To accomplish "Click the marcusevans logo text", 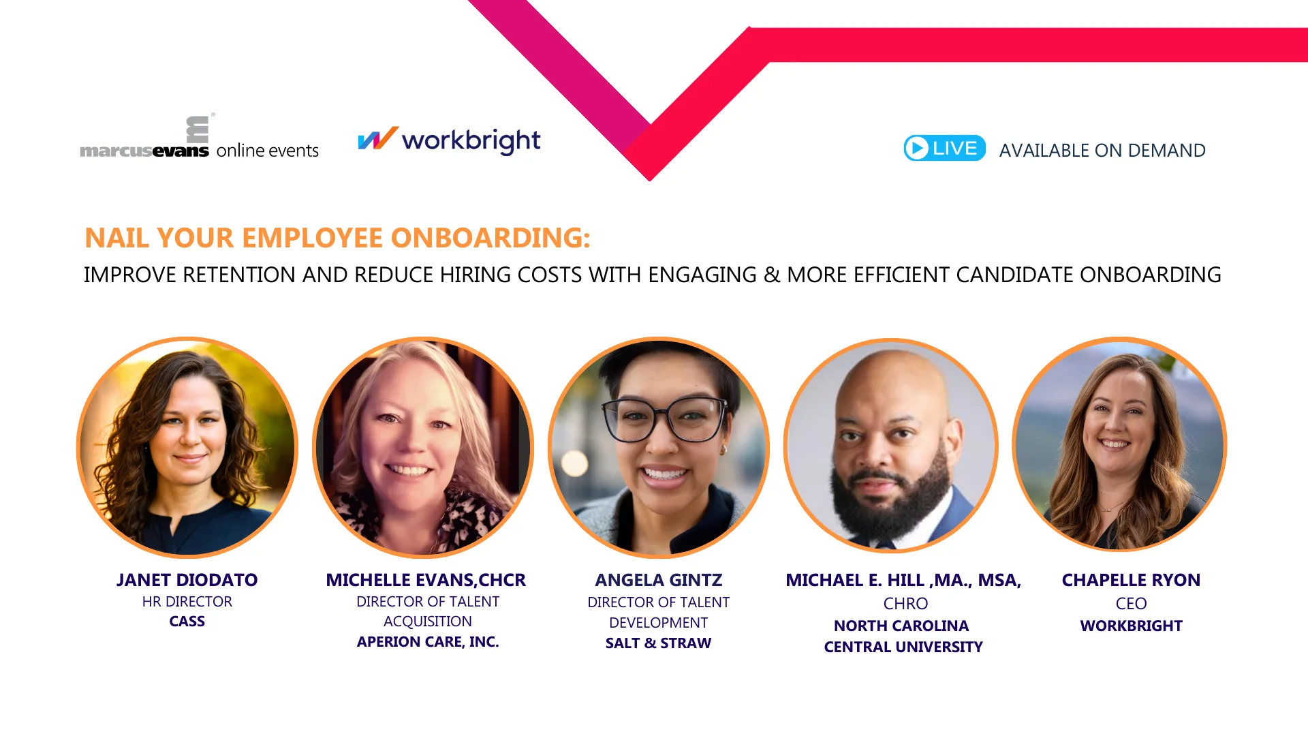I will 144,151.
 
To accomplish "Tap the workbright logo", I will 450,140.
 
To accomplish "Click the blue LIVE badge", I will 944,149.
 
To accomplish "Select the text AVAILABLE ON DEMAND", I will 1102,151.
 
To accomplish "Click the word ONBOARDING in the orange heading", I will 490,238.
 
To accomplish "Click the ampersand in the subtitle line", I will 772,275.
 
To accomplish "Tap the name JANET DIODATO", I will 187,580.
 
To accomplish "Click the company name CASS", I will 187,622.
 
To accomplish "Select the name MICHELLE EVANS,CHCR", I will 426,580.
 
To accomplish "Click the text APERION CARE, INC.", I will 428,642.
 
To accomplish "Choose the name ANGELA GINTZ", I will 658,580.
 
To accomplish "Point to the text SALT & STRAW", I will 658,643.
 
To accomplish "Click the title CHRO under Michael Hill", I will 905,604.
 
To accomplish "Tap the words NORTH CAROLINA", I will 901,626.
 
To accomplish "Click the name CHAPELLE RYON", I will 1131,580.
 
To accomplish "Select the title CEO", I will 1131,604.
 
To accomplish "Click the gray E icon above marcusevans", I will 198,129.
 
